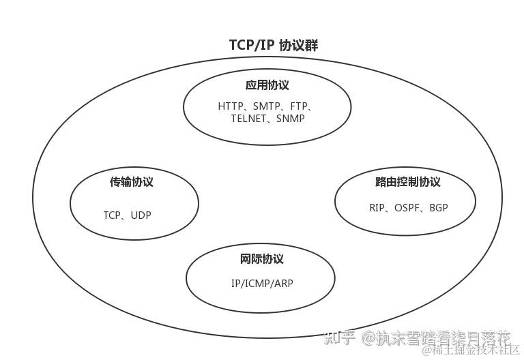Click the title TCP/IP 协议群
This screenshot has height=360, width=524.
(273, 45)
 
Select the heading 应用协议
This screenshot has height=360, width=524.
(267, 85)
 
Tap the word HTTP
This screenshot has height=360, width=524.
(231, 106)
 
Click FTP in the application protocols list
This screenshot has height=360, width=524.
(298, 106)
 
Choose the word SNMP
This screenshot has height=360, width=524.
(291, 118)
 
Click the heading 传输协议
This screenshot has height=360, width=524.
(132, 182)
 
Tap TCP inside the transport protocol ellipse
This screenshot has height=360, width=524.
(112, 215)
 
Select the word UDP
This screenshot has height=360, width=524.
(141, 215)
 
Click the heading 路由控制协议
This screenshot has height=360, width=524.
(407, 182)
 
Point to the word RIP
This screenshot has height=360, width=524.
(378, 207)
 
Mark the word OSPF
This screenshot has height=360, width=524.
(409, 207)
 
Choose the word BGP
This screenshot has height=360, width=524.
(439, 207)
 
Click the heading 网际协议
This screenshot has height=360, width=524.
(261, 259)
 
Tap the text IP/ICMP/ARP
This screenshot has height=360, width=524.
(261, 283)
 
